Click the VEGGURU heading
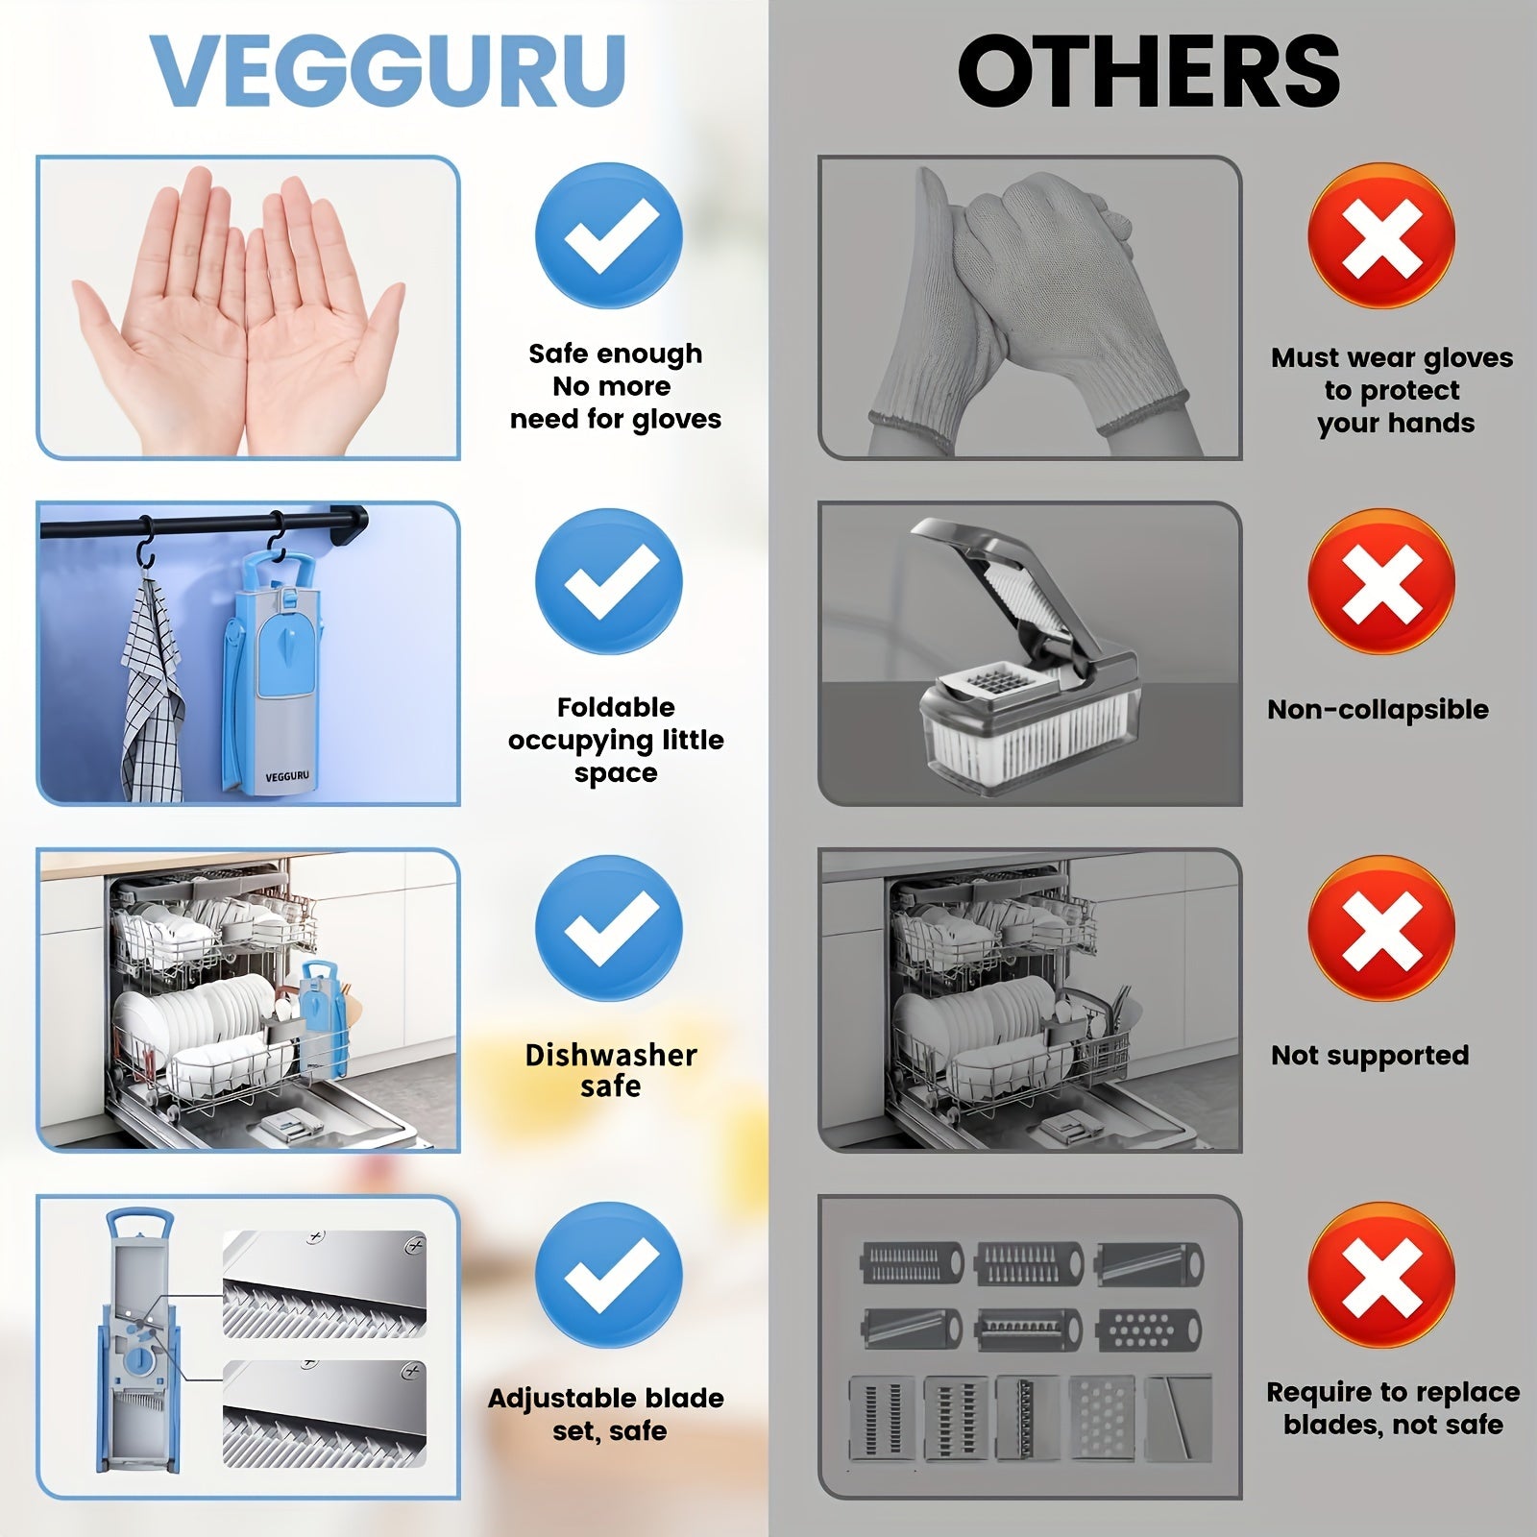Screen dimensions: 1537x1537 (389, 72)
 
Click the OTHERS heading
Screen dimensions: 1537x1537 (1149, 72)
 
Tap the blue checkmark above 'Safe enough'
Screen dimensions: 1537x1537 (609, 235)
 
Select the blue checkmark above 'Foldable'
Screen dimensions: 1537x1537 (609, 582)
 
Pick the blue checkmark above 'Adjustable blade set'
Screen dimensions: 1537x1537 (609, 1274)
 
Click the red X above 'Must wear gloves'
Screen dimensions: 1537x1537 (1380, 235)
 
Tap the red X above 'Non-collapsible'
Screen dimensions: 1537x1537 (1380, 582)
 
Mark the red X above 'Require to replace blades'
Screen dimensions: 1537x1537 (1380, 1274)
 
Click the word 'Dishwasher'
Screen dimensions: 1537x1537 (611, 1055)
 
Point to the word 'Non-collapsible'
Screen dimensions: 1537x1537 (1378, 710)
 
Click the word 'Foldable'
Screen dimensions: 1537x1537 (616, 708)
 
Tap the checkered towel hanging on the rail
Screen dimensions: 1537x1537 (152, 692)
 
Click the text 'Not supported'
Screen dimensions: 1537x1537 (1370, 1055)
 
